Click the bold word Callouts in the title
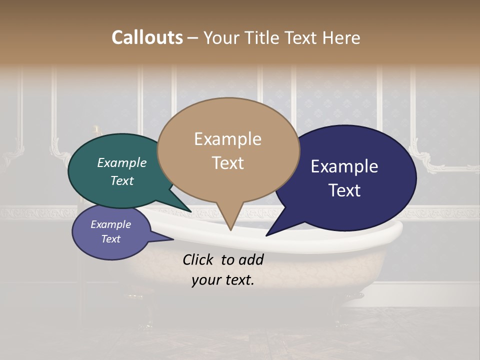147,37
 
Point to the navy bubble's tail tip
266,235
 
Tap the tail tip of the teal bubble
190,212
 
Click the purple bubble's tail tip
173,239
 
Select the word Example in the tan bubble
227,139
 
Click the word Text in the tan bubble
227,163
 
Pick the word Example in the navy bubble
344,166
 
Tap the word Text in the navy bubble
344,190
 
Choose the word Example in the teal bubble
121,163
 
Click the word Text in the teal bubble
121,181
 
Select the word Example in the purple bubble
110,224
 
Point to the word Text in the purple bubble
110,239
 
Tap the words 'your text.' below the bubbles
222,280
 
